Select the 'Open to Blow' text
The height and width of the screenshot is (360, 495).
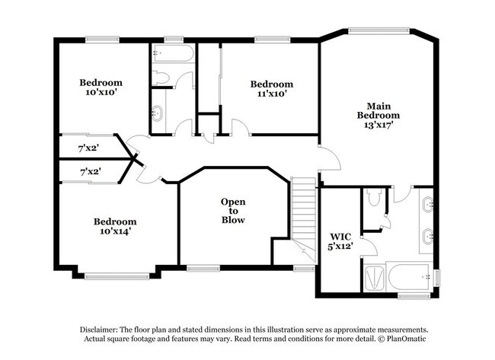click(x=233, y=211)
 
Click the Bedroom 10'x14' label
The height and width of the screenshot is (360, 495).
click(x=115, y=226)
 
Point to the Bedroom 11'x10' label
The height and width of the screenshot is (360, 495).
click(x=272, y=89)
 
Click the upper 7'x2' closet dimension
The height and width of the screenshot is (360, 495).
click(x=90, y=148)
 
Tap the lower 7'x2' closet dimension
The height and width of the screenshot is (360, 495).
click(x=90, y=173)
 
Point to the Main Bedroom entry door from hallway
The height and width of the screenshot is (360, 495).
click(x=327, y=158)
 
